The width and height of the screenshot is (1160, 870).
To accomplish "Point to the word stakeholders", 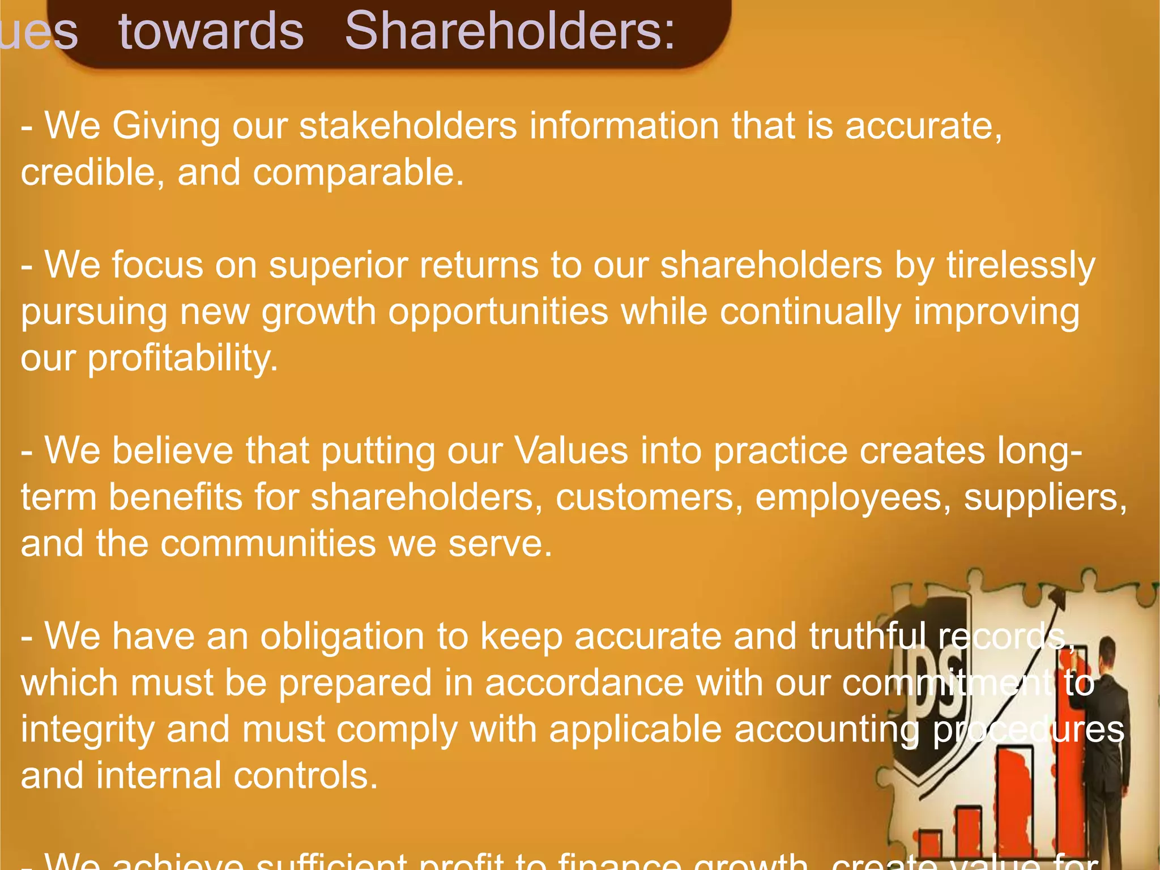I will click(x=408, y=125).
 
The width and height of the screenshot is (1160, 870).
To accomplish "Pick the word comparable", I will click(x=358, y=173).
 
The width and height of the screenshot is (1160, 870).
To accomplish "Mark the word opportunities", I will click(x=498, y=313).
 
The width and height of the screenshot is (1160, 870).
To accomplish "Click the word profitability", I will click(x=182, y=359).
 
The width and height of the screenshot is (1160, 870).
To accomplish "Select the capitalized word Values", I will click(x=571, y=451).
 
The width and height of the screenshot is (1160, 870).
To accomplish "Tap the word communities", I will click(x=268, y=544).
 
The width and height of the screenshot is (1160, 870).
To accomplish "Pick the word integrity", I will click(x=88, y=730).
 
